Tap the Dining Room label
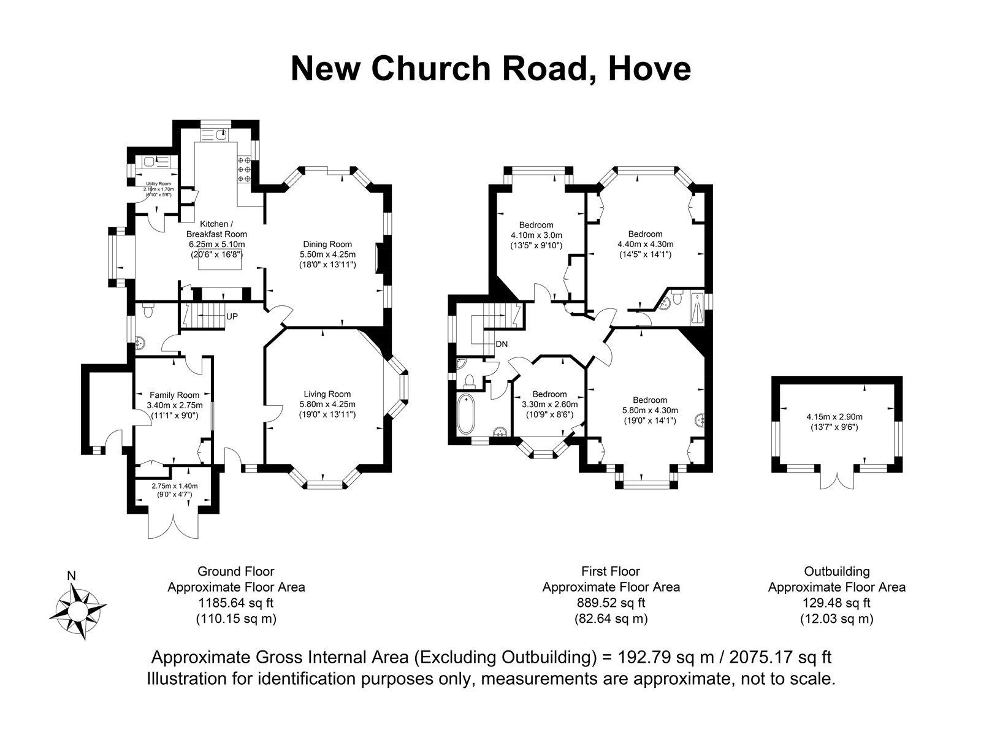(327, 244)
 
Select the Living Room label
(327, 394)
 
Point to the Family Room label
(174, 395)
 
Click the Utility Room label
(159, 184)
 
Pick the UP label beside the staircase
(232, 316)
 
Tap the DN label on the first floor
(502, 344)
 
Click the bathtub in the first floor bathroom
(466, 414)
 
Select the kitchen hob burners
(244, 169)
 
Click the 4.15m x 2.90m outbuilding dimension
(834, 416)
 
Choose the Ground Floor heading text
(236, 571)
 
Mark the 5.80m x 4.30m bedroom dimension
(650, 410)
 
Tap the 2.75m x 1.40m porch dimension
(174, 486)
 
